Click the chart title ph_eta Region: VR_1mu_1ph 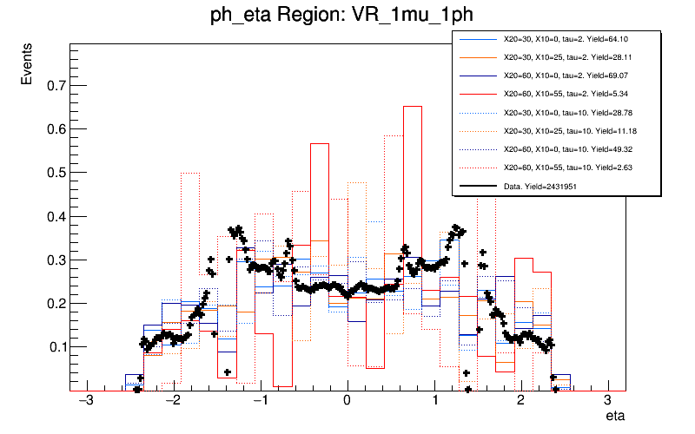pyautogui.click(x=347, y=16)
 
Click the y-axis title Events pyautogui.click(x=28, y=76)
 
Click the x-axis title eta pyautogui.click(x=614, y=417)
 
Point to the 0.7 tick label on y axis pyautogui.click(x=56, y=86)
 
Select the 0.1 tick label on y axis pyautogui.click(x=56, y=347)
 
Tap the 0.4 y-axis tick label pyautogui.click(x=56, y=217)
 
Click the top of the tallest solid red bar pyautogui.click(x=413, y=107)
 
